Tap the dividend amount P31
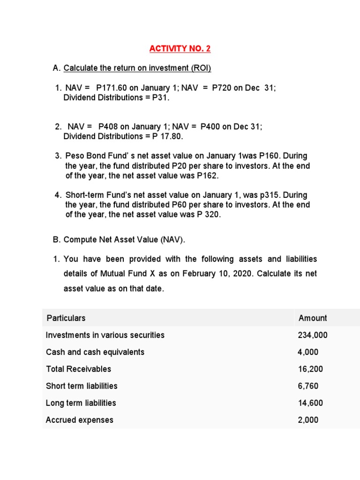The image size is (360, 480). (x=160, y=97)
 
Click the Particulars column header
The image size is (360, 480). (x=66, y=318)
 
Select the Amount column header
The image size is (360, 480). (x=312, y=318)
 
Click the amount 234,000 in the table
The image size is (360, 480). (x=312, y=335)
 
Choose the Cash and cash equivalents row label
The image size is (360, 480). (x=95, y=352)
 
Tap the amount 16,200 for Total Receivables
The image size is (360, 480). (x=310, y=369)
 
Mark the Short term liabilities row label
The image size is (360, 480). (x=82, y=386)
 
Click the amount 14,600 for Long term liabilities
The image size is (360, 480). (x=310, y=403)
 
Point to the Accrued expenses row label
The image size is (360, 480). (x=79, y=420)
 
